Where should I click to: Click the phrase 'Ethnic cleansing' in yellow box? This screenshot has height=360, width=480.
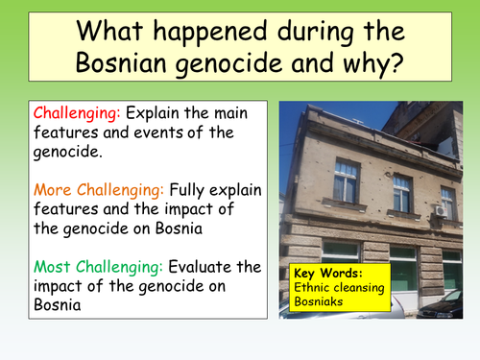pos(339,288)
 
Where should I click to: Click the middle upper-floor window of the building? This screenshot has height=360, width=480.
pos(402,192)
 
